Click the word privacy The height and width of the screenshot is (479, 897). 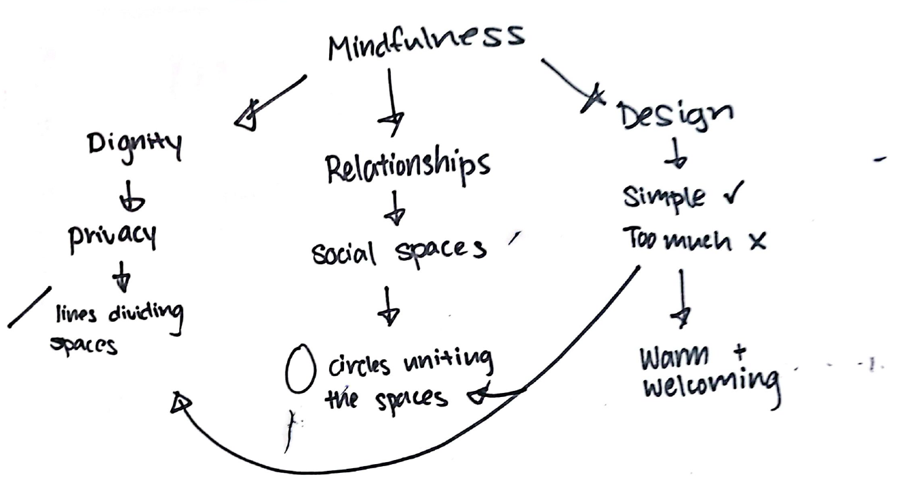[x=112, y=236]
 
